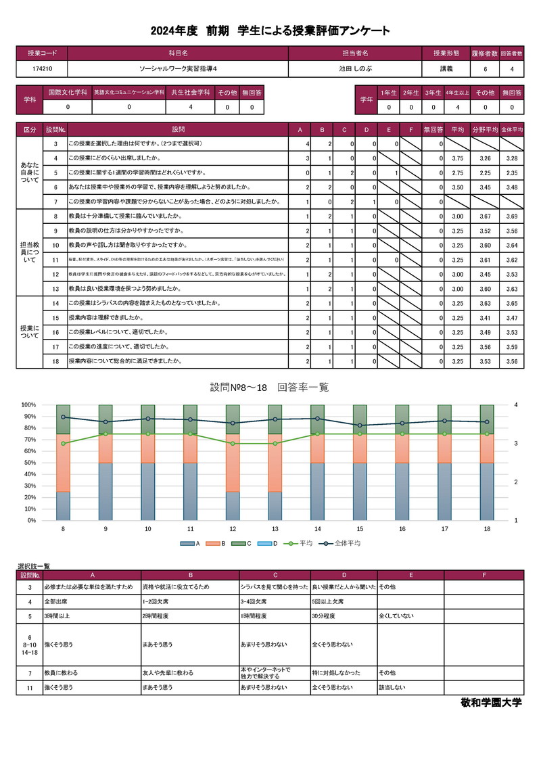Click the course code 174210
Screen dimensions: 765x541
[41, 68]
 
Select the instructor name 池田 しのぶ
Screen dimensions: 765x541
[355, 68]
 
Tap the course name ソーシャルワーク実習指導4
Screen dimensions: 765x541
[178, 68]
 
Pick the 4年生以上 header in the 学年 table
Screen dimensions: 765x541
[456, 92]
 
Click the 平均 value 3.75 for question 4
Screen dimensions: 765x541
[456, 158]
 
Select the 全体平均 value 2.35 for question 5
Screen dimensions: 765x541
[511, 172]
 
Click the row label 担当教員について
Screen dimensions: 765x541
[30, 252]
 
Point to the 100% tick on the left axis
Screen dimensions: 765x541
[28, 404]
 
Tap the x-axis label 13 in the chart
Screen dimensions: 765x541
[275, 529]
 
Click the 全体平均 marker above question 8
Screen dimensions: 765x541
[64, 417]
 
